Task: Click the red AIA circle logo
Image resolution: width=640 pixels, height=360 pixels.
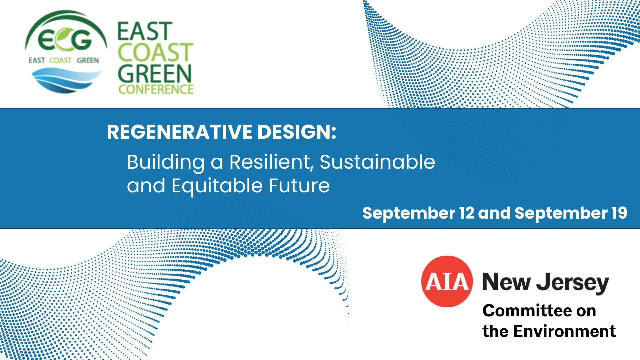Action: pyautogui.click(x=447, y=281)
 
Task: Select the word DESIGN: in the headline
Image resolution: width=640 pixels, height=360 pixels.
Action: pyautogui.click(x=297, y=132)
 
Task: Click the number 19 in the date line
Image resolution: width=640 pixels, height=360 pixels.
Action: pyautogui.click(x=619, y=213)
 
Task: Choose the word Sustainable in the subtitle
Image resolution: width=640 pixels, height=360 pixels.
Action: pyautogui.click(x=377, y=162)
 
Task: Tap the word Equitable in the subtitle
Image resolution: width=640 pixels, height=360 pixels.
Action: pyautogui.click(x=217, y=186)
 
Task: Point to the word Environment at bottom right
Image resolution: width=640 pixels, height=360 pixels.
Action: pyautogui.click(x=564, y=331)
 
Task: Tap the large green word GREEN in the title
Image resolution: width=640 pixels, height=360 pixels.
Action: pyautogui.click(x=155, y=73)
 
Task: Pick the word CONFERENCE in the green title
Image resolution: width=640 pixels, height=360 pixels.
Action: pyautogui.click(x=156, y=89)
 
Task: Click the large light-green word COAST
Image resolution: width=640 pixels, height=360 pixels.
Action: pyautogui.click(x=155, y=52)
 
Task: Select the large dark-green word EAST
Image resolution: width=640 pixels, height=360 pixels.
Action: pyautogui.click(x=145, y=31)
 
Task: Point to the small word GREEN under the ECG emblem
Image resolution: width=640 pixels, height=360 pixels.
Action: pyautogui.click(x=88, y=60)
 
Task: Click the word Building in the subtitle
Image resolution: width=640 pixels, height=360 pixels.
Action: pyautogui.click(x=166, y=163)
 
